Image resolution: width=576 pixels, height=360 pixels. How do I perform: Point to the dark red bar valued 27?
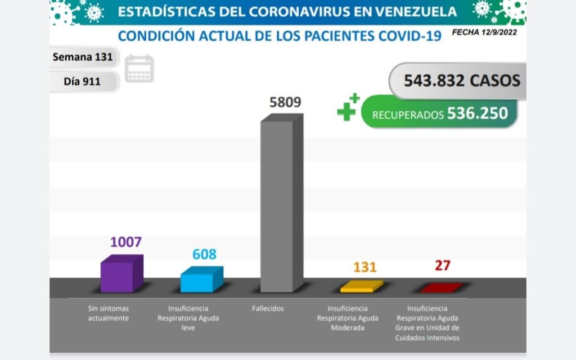click(442, 289)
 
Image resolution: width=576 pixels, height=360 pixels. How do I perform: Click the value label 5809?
click(285, 102)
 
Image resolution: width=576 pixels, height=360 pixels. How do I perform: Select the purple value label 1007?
click(125, 242)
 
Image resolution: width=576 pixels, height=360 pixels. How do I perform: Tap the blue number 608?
click(204, 254)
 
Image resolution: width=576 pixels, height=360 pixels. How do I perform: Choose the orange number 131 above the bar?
click(364, 267)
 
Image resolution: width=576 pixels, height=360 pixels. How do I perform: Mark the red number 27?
click(443, 265)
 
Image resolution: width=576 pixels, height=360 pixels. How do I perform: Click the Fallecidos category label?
click(268, 309)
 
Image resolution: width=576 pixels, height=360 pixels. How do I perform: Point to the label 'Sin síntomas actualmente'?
click(108, 313)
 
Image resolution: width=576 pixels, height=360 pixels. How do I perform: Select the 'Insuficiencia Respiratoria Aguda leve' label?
click(188, 318)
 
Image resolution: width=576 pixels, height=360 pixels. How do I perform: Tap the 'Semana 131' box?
click(83, 57)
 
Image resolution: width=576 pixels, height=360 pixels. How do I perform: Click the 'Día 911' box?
click(83, 81)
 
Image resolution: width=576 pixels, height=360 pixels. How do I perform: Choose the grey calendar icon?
click(138, 69)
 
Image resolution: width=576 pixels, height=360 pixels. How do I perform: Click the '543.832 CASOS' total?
click(461, 80)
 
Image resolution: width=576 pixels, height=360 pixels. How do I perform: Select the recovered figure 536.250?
click(478, 114)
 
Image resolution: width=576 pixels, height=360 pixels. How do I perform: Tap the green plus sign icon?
click(347, 107)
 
